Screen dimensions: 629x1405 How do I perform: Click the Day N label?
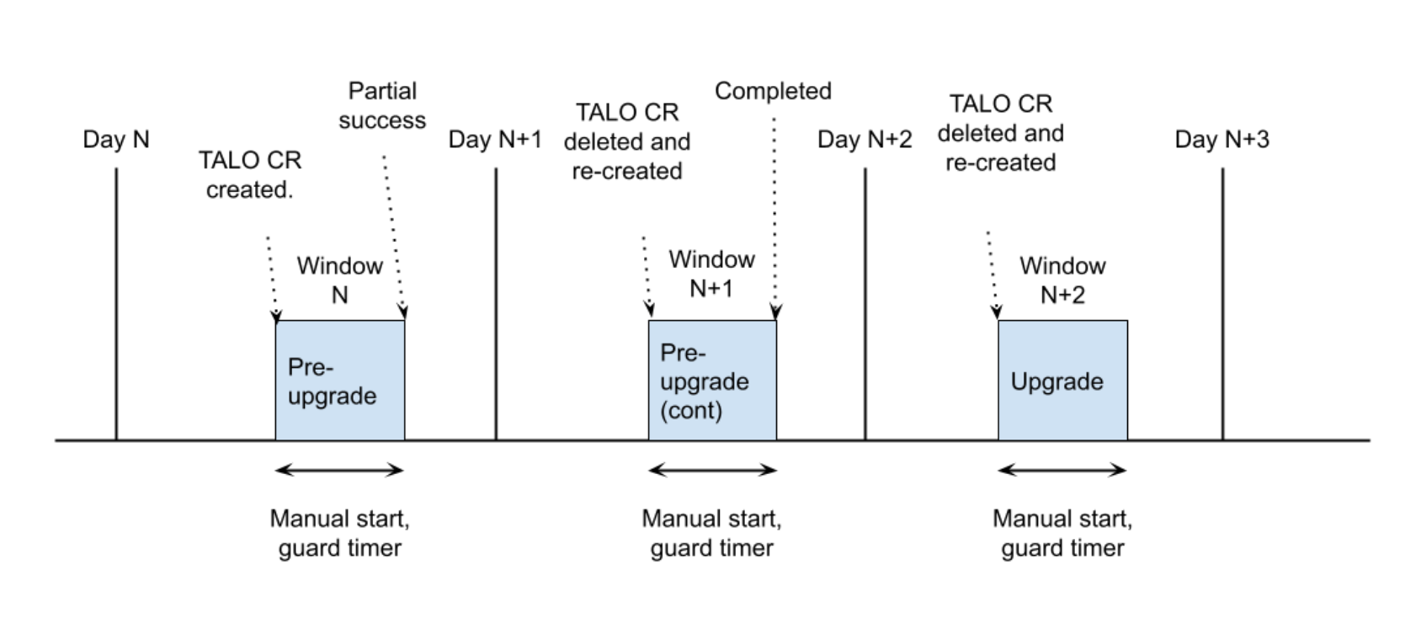point(116,140)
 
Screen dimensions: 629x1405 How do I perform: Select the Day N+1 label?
point(495,140)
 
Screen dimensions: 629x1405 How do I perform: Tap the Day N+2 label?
point(865,140)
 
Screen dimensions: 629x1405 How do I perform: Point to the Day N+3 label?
point(1221,140)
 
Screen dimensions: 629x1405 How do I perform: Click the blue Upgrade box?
point(1062,381)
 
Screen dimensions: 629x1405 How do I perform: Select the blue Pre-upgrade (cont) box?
point(712,381)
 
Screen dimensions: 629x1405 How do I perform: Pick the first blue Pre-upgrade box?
point(340,381)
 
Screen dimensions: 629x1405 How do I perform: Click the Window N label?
point(340,280)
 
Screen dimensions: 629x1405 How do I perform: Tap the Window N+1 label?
point(711,274)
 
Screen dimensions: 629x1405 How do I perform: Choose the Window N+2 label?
point(1062,280)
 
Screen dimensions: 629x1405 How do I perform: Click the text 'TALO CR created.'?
point(250,175)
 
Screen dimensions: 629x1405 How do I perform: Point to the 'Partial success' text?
point(382,105)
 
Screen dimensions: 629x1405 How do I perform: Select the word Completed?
point(773,91)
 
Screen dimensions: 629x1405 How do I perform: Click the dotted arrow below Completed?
point(774,219)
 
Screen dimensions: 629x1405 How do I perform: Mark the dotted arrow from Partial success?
point(393,236)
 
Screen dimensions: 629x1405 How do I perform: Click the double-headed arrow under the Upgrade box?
point(1062,470)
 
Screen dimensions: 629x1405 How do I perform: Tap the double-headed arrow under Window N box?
point(340,470)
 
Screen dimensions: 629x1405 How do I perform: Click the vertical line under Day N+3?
point(1222,303)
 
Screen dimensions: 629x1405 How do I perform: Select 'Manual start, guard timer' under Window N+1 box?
point(711,533)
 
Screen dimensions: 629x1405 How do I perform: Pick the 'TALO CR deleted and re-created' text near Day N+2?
point(1000,133)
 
